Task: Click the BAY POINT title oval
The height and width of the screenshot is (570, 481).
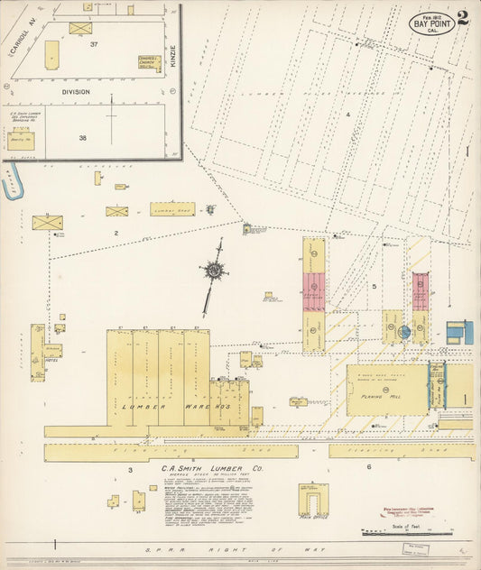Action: tap(432, 24)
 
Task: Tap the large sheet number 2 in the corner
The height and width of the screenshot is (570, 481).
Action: tap(463, 16)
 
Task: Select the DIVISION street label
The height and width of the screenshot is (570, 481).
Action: tap(77, 91)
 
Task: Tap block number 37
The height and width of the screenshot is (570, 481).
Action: tap(93, 43)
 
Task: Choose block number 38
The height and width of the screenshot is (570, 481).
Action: tap(82, 138)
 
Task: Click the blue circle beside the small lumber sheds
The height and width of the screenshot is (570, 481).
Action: tap(405, 332)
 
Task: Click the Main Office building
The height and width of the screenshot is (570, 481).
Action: tap(314, 500)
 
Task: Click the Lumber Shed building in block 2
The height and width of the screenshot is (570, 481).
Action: tap(171, 209)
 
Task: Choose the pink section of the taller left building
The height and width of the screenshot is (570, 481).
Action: tap(314, 291)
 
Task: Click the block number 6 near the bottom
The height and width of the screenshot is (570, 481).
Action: tap(369, 466)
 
